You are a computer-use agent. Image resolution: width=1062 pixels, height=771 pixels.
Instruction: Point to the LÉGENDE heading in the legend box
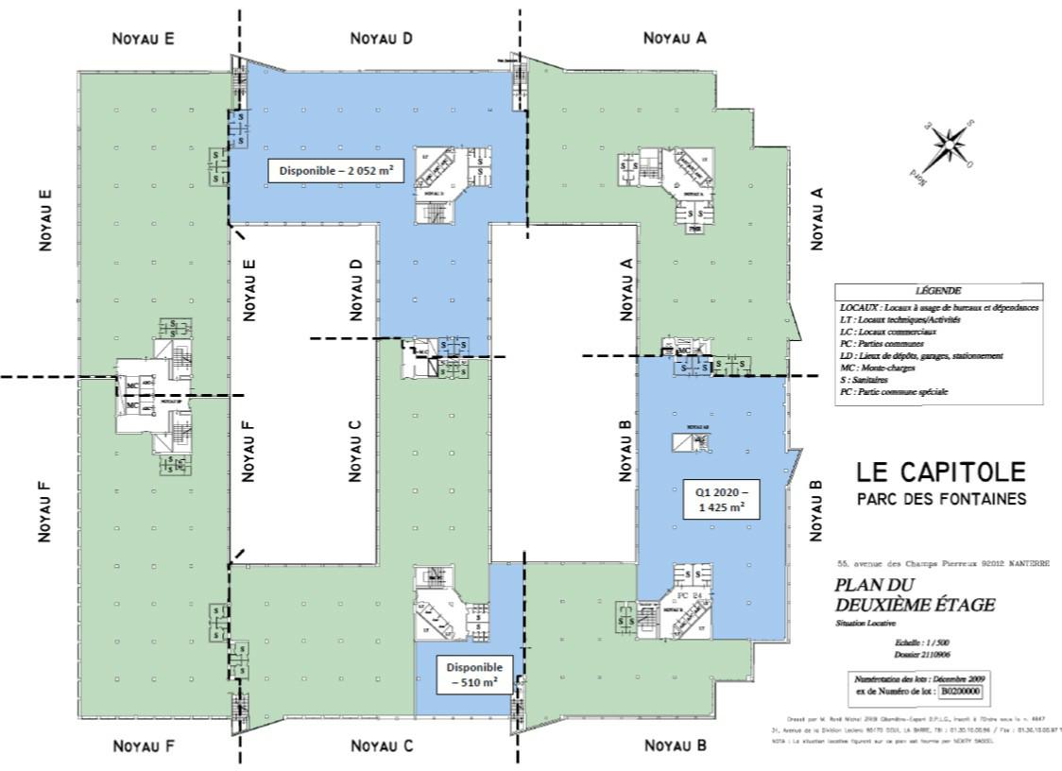(938, 291)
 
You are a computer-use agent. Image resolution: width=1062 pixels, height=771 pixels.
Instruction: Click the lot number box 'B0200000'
(959, 692)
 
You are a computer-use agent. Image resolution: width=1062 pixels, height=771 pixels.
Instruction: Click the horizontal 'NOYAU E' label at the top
(143, 39)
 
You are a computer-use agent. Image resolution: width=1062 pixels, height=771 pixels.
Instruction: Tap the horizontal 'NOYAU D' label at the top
(382, 39)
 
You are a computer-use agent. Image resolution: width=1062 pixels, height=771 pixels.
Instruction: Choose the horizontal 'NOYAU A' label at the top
(675, 39)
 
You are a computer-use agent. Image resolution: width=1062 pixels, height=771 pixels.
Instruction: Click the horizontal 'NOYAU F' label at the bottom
(143, 745)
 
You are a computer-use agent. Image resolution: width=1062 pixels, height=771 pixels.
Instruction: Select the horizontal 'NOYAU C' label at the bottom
(382, 745)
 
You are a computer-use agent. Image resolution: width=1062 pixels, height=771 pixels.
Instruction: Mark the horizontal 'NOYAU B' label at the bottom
(675, 745)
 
